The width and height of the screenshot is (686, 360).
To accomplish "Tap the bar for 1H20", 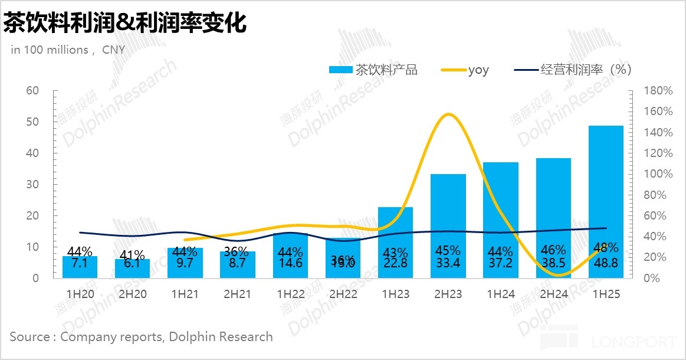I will click(80, 267).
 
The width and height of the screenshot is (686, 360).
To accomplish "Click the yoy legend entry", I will click(465, 70).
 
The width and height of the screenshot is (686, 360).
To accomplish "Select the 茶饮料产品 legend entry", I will click(373, 70).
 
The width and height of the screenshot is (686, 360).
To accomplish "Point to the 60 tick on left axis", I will click(32, 90).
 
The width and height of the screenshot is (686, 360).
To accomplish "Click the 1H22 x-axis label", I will click(290, 293).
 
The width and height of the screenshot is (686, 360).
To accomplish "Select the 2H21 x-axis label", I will click(237, 293).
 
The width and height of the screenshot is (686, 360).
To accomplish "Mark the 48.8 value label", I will click(606, 263).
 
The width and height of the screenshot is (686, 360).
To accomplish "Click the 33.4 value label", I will click(448, 263).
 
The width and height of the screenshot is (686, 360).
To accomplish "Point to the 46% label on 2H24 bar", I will click(553, 250).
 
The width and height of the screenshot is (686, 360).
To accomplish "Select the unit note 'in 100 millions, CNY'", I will click(68, 50).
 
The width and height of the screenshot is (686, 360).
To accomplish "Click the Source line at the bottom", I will click(141, 336).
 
